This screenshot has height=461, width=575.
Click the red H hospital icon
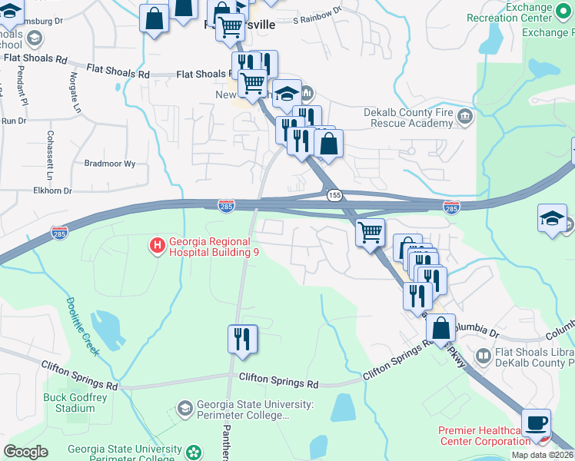point(157,246)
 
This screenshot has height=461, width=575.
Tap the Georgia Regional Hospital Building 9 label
point(213,247)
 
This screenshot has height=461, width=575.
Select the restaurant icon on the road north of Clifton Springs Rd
point(243,339)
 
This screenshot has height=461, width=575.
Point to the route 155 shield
point(334,195)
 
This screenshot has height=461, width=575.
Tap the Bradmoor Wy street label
point(109,164)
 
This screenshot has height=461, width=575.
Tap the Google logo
point(25,452)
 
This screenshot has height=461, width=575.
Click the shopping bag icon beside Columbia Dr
point(441,327)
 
